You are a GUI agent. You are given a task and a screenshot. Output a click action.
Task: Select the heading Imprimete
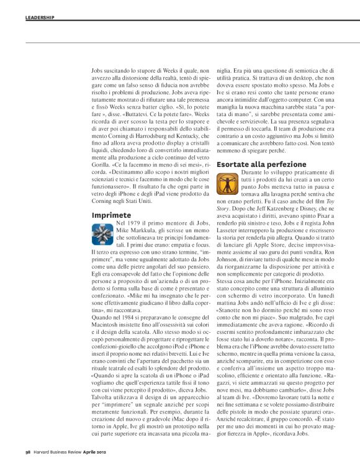(x=111, y=215)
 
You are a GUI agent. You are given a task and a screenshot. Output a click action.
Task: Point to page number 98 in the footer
(x=28, y=452)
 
